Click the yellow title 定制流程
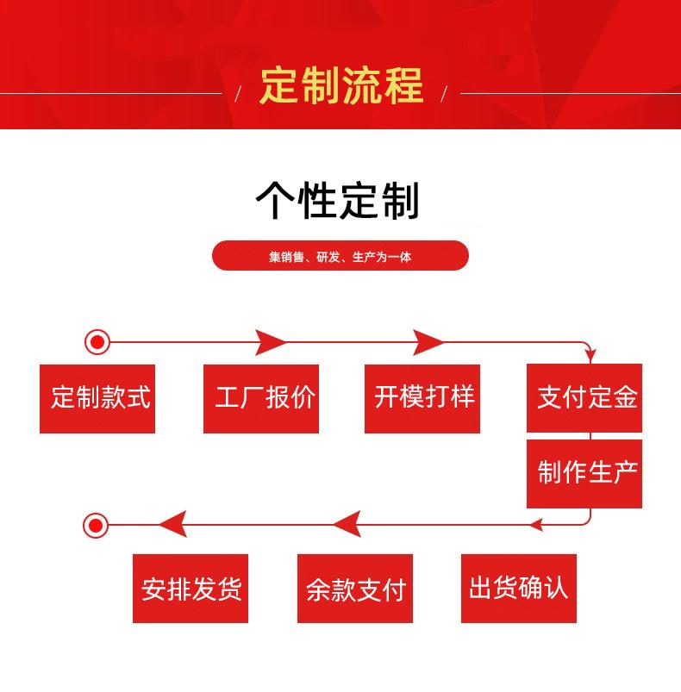[341, 85]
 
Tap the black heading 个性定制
[338, 201]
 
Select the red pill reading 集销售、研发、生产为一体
[340, 256]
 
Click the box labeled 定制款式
[97, 398]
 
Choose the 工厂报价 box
[261, 398]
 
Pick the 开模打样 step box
[422, 398]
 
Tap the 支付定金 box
[584, 397]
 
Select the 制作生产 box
[584, 474]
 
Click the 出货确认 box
[519, 589]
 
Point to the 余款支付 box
[355, 589]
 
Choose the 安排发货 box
[191, 589]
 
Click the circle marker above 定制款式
[97, 342]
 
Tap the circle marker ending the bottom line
[96, 525]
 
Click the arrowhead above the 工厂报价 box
[269, 342]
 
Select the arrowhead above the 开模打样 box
[428, 342]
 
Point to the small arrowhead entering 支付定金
[590, 355]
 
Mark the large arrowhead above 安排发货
[174, 524]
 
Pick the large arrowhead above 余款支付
[347, 524]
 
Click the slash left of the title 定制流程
[238, 94]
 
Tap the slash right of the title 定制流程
[444, 94]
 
